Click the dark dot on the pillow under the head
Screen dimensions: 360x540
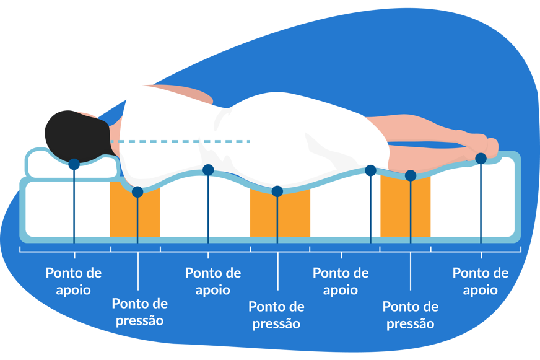click(x=74, y=164)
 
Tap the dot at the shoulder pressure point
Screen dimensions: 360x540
click(x=137, y=192)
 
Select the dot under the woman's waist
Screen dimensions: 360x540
click(x=208, y=170)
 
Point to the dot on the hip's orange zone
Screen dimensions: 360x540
click(x=277, y=191)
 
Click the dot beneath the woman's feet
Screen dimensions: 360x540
click(x=481, y=159)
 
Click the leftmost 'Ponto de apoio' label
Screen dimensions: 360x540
click(x=74, y=281)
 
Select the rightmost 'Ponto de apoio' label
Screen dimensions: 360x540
click(x=481, y=281)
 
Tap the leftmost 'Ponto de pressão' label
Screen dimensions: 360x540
click(x=139, y=312)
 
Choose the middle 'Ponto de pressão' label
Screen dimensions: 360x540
click(x=276, y=315)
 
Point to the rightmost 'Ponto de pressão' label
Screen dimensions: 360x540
click(x=411, y=315)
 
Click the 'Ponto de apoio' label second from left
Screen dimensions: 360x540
click(x=213, y=281)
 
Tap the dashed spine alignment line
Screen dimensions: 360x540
click(x=186, y=142)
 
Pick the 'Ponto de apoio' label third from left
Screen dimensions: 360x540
click(x=341, y=281)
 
